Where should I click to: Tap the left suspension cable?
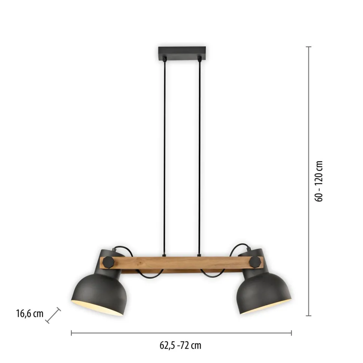pos(164,150)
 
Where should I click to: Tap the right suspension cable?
pos(199,150)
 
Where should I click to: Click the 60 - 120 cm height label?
pos(319,181)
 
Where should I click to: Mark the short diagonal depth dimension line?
pos(53,315)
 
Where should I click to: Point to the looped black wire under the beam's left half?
pos(148,275)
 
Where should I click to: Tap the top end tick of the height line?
pos(309,47)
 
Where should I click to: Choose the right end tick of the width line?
pos(292,332)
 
